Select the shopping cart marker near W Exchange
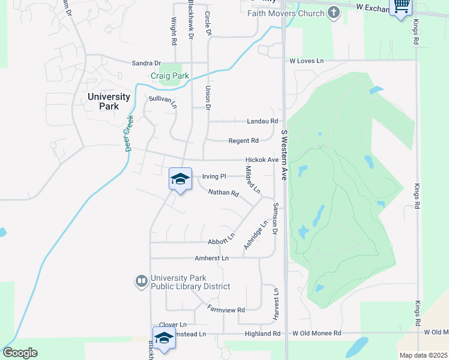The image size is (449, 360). (x=401, y=7)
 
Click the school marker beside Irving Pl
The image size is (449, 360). (x=180, y=179)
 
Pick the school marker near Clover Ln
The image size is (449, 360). (x=164, y=338)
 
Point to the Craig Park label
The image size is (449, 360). (x=170, y=76)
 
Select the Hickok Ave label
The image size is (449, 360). (x=262, y=160)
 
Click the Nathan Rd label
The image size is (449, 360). (x=224, y=193)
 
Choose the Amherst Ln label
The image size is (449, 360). (x=212, y=258)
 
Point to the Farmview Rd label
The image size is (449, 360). (x=226, y=310)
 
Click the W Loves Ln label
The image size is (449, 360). (x=307, y=61)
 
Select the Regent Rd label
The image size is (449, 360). (x=243, y=141)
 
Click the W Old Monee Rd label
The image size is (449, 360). (x=317, y=334)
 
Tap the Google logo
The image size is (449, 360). (x=20, y=353)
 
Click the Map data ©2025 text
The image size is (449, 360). (x=423, y=355)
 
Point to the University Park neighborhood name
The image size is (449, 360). (x=109, y=101)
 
